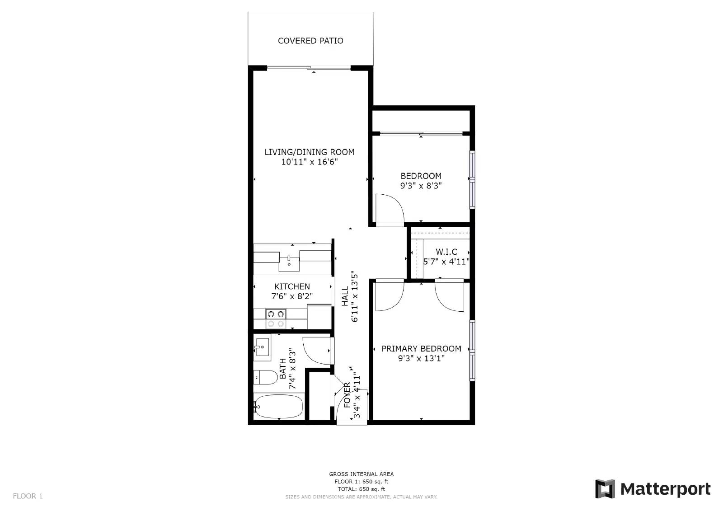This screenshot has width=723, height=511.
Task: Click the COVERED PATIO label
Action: tap(310, 41)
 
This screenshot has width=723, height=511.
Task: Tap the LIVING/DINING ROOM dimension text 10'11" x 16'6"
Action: tap(310, 162)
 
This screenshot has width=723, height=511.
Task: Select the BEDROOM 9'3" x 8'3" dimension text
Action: tap(421, 186)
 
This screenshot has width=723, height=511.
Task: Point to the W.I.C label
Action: tap(446, 252)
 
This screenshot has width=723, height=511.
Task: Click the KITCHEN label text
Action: tap(292, 286)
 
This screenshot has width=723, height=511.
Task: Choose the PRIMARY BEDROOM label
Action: tap(421, 349)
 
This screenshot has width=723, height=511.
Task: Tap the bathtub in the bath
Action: tap(279, 407)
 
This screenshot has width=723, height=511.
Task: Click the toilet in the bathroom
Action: tap(265, 377)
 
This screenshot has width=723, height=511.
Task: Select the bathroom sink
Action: tap(262, 347)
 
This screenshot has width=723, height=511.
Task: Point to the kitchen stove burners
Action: tap(276, 318)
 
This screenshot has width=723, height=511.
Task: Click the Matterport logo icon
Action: tap(605, 489)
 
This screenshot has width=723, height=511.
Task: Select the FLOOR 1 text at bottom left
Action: tap(28, 496)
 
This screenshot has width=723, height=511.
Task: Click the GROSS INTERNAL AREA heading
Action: tap(361, 474)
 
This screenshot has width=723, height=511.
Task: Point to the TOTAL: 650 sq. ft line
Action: tap(361, 489)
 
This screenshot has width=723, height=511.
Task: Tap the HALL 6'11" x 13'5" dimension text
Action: tap(350, 296)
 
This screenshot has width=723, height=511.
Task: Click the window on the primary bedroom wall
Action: tap(472, 351)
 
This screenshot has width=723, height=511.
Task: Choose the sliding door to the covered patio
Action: tap(309, 68)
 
